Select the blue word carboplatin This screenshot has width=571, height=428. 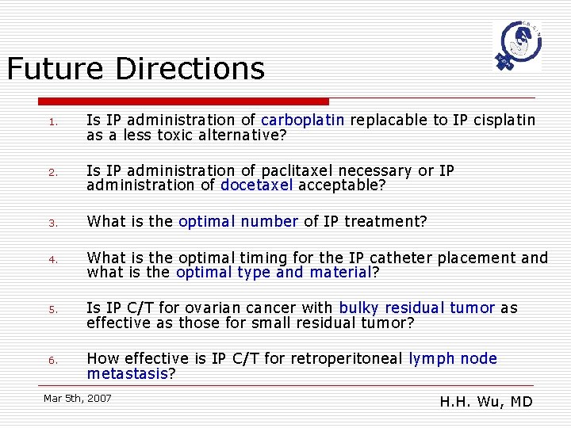coord(302,120)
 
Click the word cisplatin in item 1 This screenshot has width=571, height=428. coord(504,120)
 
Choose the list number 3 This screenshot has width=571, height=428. coord(50,223)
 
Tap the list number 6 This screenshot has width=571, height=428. coord(50,360)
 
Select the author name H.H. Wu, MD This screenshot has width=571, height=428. coord(485,402)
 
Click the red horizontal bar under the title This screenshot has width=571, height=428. coord(183,101)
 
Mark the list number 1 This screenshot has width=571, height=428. coord(50,122)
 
